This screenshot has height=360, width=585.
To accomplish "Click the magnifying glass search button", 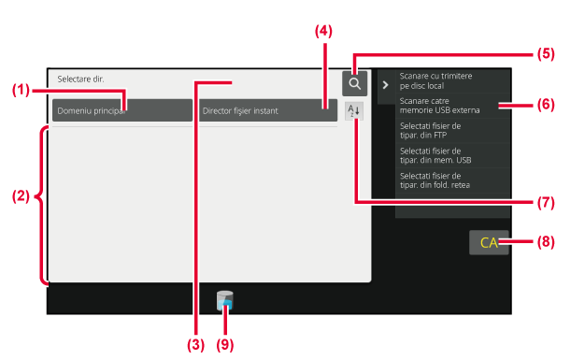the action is pyautogui.click(x=354, y=83).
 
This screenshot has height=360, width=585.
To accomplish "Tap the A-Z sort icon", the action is pyautogui.click(x=354, y=111).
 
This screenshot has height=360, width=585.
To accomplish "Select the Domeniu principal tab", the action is pyautogui.click(x=122, y=110).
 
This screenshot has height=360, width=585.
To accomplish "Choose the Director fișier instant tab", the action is pyautogui.click(x=268, y=110).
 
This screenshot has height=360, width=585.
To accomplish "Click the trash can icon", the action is pyautogui.click(x=224, y=300).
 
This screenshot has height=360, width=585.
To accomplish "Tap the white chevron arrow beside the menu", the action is pyautogui.click(x=385, y=85).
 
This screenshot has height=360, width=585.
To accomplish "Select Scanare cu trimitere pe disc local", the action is pyautogui.click(x=435, y=80).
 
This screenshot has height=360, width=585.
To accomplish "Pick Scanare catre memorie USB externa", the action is pyautogui.click(x=439, y=106).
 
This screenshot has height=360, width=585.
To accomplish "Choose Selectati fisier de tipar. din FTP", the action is pyautogui.click(x=430, y=130).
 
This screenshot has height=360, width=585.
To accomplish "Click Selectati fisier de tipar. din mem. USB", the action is pyautogui.click(x=435, y=155).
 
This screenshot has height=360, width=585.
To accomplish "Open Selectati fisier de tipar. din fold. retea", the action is pyautogui.click(x=435, y=180).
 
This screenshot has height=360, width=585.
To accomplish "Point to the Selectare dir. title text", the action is pyautogui.click(x=80, y=79).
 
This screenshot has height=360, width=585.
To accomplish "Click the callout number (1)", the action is pyautogui.click(x=21, y=90).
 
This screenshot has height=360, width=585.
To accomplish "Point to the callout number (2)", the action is pyautogui.click(x=21, y=195).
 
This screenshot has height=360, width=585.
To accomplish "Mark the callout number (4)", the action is pyautogui.click(x=323, y=31).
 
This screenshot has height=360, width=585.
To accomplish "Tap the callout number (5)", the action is pyautogui.click(x=546, y=54).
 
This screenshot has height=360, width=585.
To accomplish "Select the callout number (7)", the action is pyautogui.click(x=546, y=202).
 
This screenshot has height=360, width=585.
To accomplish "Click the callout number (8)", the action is pyautogui.click(x=546, y=242).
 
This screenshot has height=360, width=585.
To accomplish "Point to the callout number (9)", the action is pyautogui.click(x=225, y=345).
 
